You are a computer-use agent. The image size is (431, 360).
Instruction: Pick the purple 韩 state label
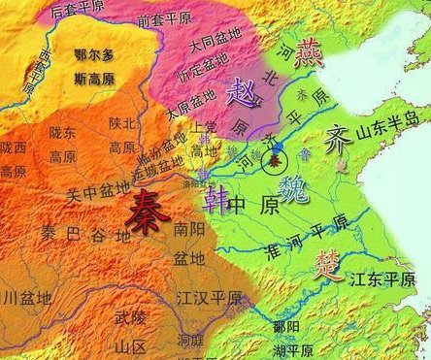pos(216,199)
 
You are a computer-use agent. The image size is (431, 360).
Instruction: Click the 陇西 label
pos(14,147)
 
